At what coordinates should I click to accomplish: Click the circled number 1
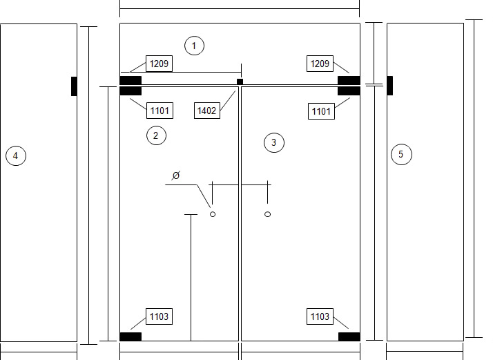[194, 46]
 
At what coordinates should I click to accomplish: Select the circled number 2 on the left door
[156, 135]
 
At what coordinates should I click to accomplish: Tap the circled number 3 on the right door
[274, 142]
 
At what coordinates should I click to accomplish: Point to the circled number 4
[16, 155]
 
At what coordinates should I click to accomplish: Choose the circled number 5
[401, 154]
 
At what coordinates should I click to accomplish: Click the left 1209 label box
[159, 64]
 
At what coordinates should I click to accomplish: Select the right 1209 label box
[320, 64]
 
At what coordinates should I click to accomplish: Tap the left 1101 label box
[159, 111]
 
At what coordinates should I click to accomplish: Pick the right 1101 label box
[321, 111]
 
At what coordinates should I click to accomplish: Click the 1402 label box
[207, 111]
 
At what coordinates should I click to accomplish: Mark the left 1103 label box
[159, 316]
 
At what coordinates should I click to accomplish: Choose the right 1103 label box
[320, 316]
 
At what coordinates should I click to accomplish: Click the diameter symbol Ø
[176, 176]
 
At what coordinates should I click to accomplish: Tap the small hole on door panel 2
[213, 214]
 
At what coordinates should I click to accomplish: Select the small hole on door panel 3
[268, 214]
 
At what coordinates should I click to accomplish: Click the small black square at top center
[240, 82]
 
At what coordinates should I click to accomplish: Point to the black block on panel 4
[74, 86]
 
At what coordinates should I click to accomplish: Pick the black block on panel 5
[390, 85]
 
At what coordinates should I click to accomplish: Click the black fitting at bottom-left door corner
[130, 337]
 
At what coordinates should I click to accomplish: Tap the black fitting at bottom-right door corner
[349, 337]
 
